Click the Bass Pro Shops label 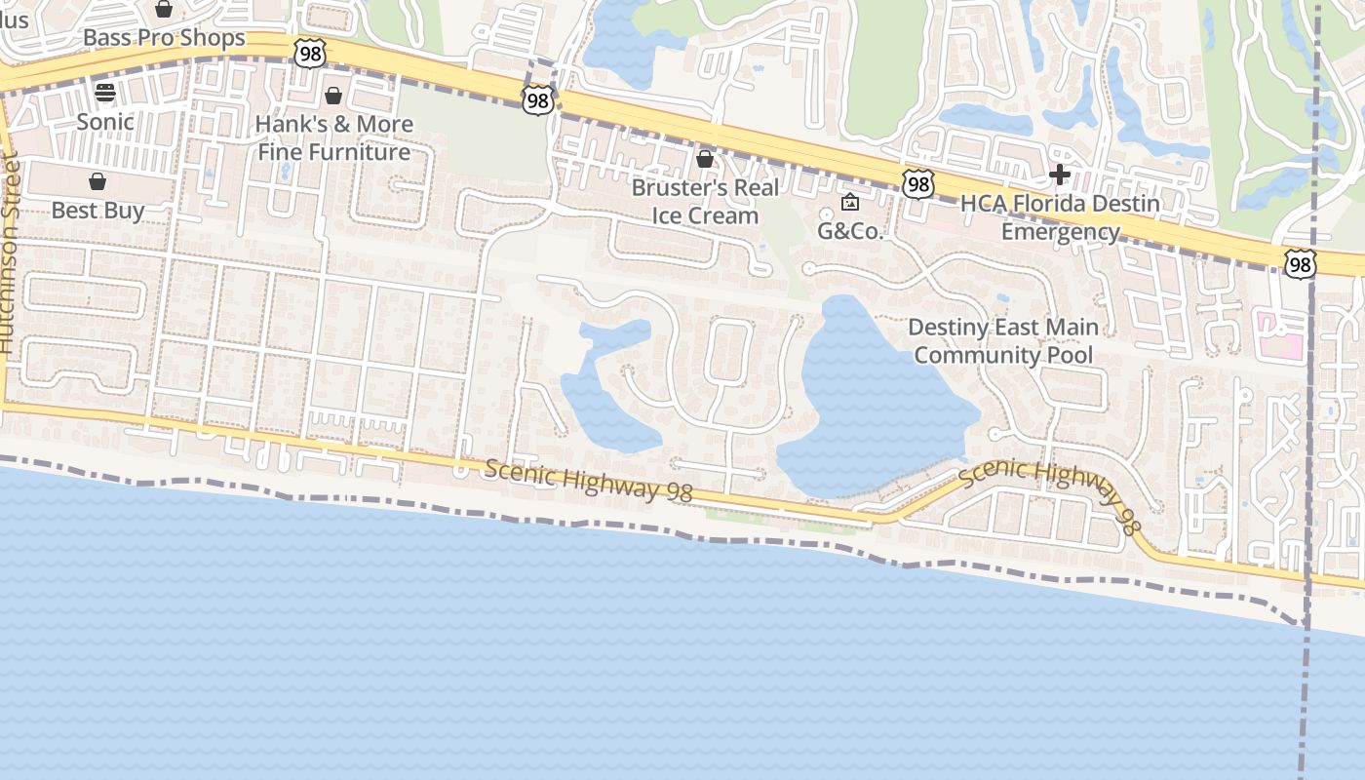coord(164,38)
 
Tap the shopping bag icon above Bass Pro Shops coord(164,10)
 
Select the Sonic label coord(105,122)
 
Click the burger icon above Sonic coord(105,93)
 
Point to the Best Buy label coord(97,211)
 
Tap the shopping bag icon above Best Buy coord(97,181)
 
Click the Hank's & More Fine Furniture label coord(333,138)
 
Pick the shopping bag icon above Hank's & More coord(333,96)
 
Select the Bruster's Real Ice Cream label coord(705,201)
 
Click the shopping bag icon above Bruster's coord(705,158)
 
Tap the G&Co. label coord(849,232)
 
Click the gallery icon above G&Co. coord(849,203)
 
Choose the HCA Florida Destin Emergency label coord(1060,217)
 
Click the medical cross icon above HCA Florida coord(1060,175)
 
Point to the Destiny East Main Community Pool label coord(1003,341)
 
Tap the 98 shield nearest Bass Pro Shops coord(310,53)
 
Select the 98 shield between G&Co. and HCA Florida coord(918,183)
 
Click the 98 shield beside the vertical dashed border coord(1300,263)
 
